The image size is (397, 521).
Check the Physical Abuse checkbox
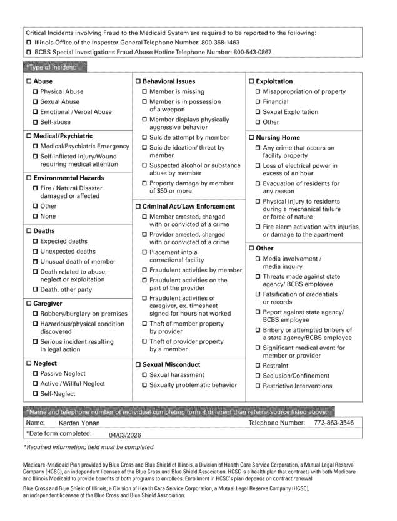click(36, 91)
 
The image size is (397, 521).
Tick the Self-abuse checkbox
click(36, 122)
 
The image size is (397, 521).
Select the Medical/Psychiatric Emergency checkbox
click(36, 147)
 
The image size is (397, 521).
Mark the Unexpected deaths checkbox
click(36, 251)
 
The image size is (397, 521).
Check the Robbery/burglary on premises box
click(36, 313)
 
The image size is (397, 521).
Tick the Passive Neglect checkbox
click(36, 373)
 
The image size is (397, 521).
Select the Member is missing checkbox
click(144, 91)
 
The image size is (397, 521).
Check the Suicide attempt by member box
click(144, 137)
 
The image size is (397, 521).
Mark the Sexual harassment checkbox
click(144, 374)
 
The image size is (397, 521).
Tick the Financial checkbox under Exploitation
click(258, 101)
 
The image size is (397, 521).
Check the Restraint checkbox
click(258, 366)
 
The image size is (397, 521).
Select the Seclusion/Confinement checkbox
click(258, 376)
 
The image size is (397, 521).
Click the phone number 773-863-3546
click(333, 423)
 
